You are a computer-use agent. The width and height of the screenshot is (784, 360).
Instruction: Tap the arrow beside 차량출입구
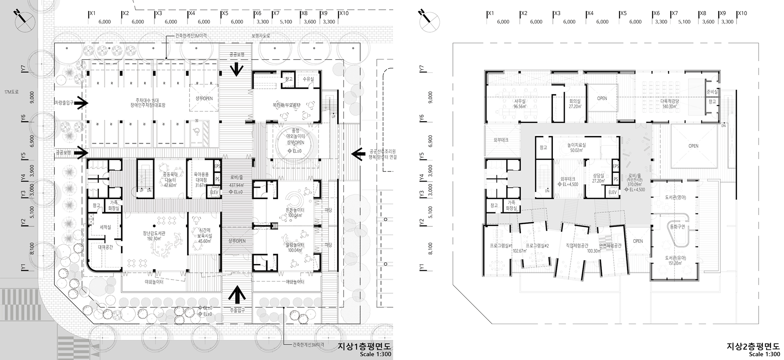tap(82, 103)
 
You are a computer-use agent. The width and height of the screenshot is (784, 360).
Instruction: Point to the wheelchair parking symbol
tap(198, 129)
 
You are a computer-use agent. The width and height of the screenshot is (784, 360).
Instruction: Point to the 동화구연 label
tap(678, 227)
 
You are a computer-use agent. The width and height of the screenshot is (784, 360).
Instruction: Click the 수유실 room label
tap(308, 79)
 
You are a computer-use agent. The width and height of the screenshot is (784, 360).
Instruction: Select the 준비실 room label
tap(712, 92)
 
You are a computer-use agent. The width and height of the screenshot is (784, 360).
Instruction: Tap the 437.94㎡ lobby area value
tap(236, 185)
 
